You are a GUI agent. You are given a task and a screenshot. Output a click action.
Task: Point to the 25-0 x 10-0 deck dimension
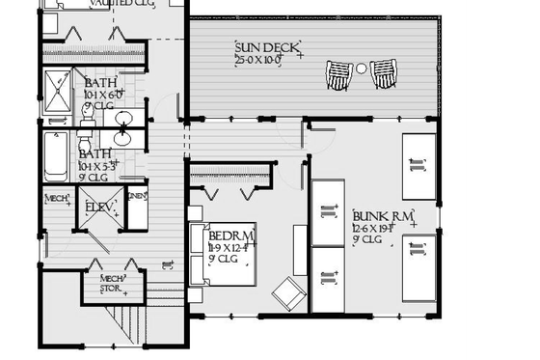pos(257,61)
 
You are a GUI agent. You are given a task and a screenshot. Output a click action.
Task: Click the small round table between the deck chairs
pos(361,69)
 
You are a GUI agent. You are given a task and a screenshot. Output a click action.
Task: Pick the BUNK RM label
pos(383,216)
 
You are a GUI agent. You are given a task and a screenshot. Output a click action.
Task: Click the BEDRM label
pos(231,236)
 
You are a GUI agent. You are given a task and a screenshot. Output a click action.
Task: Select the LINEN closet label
pos(137,198)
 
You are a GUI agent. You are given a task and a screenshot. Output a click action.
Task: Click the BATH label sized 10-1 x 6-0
pos(100,83)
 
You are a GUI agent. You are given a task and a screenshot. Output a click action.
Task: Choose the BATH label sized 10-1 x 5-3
pos(94,154)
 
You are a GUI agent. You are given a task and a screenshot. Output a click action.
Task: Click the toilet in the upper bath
pos(86,114)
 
